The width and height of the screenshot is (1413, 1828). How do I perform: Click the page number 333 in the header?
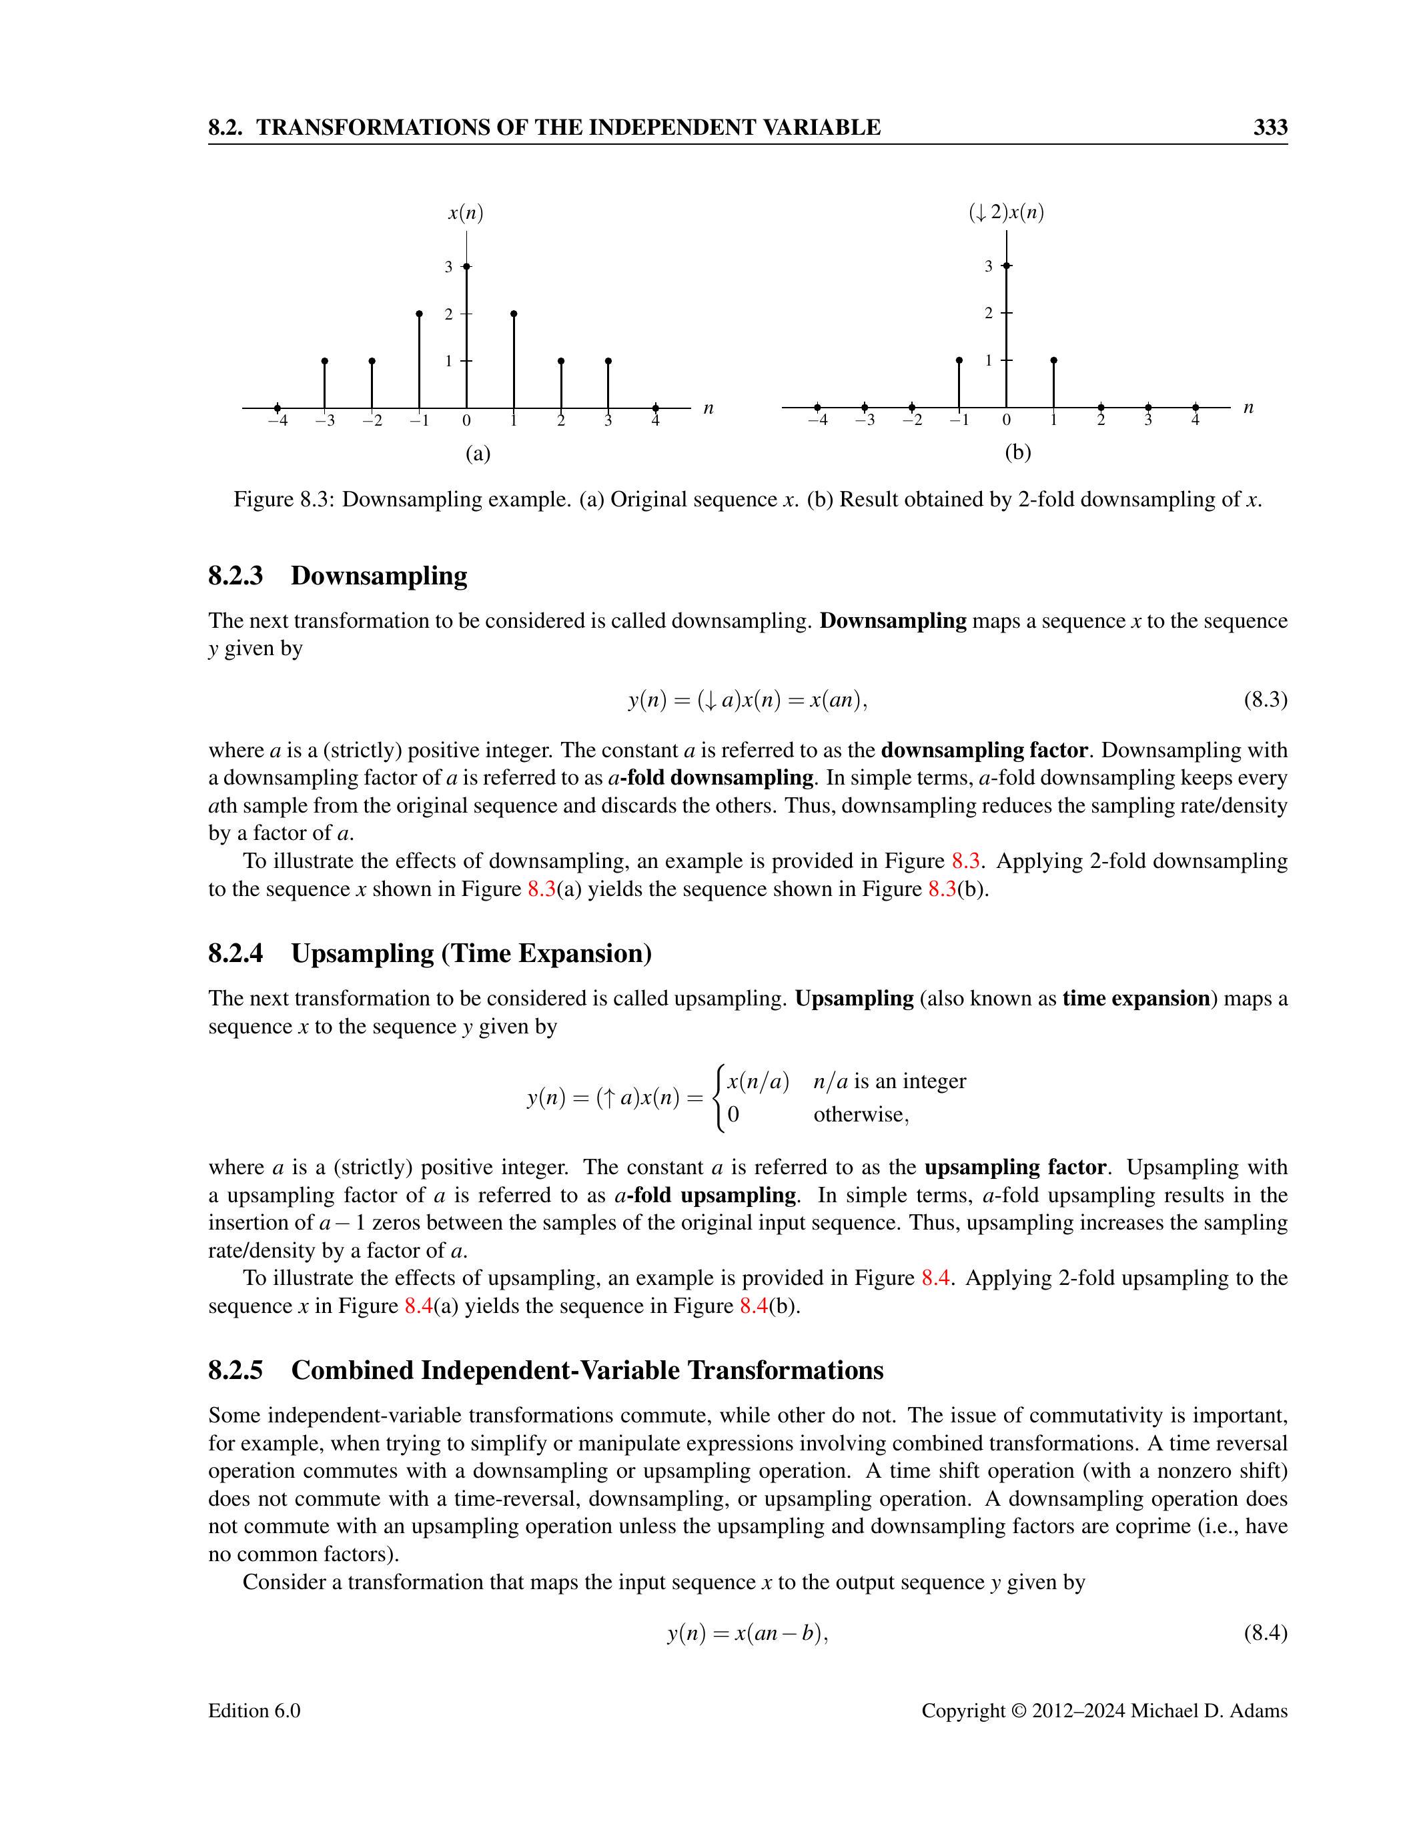coord(1269,127)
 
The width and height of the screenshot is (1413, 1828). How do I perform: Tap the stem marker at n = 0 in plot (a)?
coord(466,266)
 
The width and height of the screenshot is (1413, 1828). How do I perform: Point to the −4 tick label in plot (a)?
coord(277,421)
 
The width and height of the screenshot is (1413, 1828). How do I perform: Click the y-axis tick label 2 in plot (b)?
coord(989,313)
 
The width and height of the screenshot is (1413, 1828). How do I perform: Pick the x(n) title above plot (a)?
coord(466,213)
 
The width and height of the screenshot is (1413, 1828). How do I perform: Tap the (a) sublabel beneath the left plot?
coord(478,454)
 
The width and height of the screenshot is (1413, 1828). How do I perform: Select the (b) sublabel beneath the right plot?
coord(1018,453)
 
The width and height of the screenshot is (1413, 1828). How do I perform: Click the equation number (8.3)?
coord(1265,700)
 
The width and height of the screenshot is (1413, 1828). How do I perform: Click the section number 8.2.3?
coord(235,576)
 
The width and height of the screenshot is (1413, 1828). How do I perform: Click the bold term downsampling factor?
coord(985,750)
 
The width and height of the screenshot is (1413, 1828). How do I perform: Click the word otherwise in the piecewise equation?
coord(860,1115)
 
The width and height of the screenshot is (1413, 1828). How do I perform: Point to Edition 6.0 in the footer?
coord(254,1711)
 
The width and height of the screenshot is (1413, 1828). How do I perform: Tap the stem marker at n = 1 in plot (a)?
coord(514,314)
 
